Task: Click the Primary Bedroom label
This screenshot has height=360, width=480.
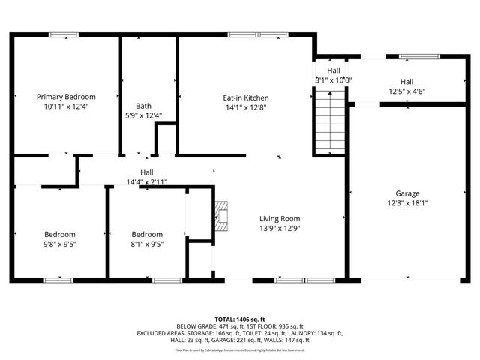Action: coord(67,97)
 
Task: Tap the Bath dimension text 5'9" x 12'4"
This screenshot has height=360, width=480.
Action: coord(143,115)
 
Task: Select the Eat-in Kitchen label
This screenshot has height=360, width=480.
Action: coord(245,97)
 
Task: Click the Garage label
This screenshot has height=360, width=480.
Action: coord(407,193)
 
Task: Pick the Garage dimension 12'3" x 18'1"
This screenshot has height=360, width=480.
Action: coord(407,202)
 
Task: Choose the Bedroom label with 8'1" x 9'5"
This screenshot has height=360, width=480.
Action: coord(147,234)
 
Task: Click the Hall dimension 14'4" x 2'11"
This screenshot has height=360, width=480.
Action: coord(147,182)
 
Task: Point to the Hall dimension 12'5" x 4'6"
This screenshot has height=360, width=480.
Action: coord(406,91)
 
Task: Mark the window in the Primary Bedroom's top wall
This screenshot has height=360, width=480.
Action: coord(64,34)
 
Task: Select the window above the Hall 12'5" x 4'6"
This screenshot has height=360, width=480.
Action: coord(413,56)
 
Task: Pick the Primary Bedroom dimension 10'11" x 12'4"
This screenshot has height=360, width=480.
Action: coord(67,106)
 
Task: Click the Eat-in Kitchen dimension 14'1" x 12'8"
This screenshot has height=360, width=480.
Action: coord(245,107)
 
